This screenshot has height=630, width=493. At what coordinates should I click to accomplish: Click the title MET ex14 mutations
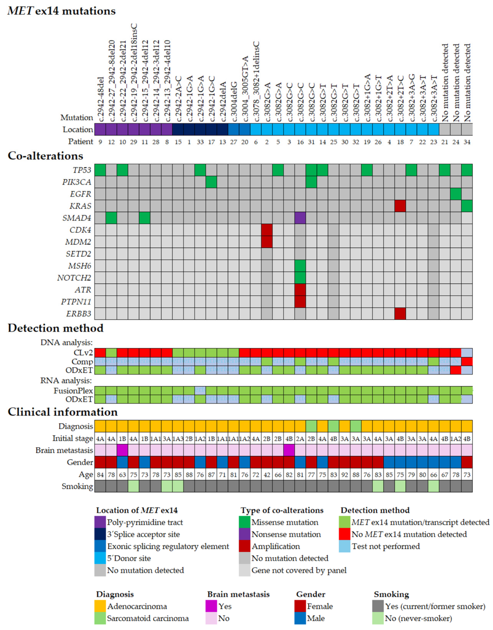(61, 11)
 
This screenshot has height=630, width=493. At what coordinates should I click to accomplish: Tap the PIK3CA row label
(77, 182)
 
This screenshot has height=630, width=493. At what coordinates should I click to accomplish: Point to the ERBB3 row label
(78, 313)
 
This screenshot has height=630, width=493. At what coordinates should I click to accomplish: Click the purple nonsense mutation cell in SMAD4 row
(300, 218)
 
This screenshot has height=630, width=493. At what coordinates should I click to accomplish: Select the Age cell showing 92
(345, 475)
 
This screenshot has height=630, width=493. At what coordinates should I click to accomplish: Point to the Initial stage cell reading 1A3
(178, 439)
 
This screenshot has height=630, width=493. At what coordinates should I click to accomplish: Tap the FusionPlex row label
(73, 391)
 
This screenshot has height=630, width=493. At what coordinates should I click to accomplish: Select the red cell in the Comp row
(467, 361)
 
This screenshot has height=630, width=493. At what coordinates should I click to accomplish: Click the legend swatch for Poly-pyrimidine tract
(100, 522)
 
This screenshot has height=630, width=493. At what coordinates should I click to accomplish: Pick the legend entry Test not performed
(386, 546)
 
